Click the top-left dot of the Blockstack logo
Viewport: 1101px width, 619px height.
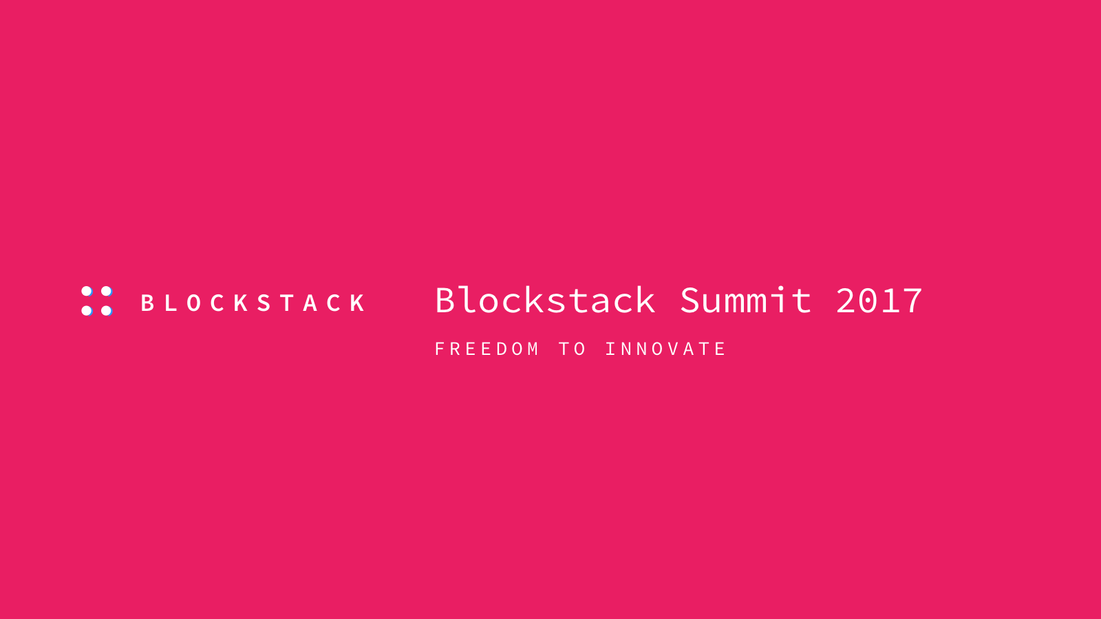pyautogui.click(x=87, y=292)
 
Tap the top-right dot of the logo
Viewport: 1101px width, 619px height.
pyautogui.click(x=106, y=292)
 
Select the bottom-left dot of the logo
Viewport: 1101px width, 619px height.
pyautogui.click(x=87, y=310)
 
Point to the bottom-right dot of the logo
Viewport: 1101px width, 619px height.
pyautogui.click(x=106, y=310)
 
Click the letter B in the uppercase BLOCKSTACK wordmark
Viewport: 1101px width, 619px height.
pyautogui.click(x=147, y=303)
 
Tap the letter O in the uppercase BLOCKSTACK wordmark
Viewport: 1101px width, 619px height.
pyautogui.click(x=194, y=303)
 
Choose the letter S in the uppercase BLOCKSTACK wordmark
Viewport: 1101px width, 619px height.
pyautogui.click(x=264, y=303)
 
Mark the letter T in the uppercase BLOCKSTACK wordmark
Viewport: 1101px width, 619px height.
pyautogui.click(x=288, y=303)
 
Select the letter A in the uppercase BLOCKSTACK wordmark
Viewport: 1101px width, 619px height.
pyautogui.click(x=310, y=303)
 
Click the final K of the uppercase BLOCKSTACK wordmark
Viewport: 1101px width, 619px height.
pyautogui.click(x=358, y=303)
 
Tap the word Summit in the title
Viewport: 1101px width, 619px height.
pyautogui.click(x=746, y=299)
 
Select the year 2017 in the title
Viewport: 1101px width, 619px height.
pyautogui.click(x=879, y=300)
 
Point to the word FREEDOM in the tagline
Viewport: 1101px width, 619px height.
pyautogui.click(x=487, y=349)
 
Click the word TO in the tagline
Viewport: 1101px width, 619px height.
pyautogui.click(x=573, y=349)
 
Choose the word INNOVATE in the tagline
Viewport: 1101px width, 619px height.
pyautogui.click(x=665, y=349)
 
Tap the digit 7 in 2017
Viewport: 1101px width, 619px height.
pyautogui.click(x=912, y=301)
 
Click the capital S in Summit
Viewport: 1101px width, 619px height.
pyautogui.click(x=691, y=300)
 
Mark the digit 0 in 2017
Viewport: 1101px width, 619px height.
pyautogui.click(x=868, y=301)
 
